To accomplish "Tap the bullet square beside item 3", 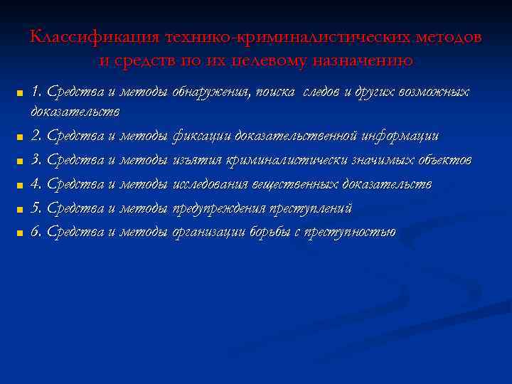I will (20, 161).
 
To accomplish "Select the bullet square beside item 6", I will (20, 233).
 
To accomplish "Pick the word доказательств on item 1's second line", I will (75, 112).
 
